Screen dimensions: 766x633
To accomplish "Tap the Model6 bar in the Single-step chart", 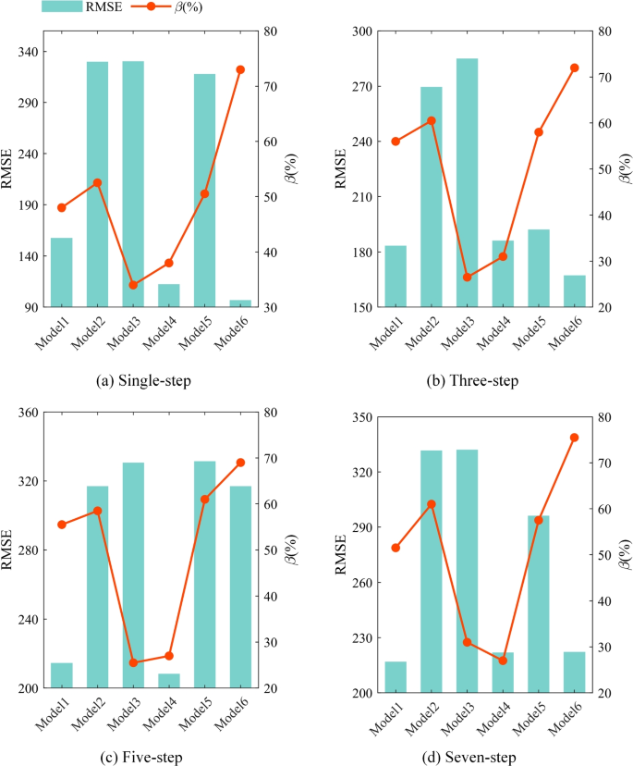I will point(240,303).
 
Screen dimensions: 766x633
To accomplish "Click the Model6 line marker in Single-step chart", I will point(240,69).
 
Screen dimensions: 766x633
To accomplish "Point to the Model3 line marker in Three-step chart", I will point(467,278).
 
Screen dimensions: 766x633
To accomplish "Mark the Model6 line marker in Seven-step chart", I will point(574,438).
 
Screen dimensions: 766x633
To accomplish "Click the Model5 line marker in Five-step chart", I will point(205,500).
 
